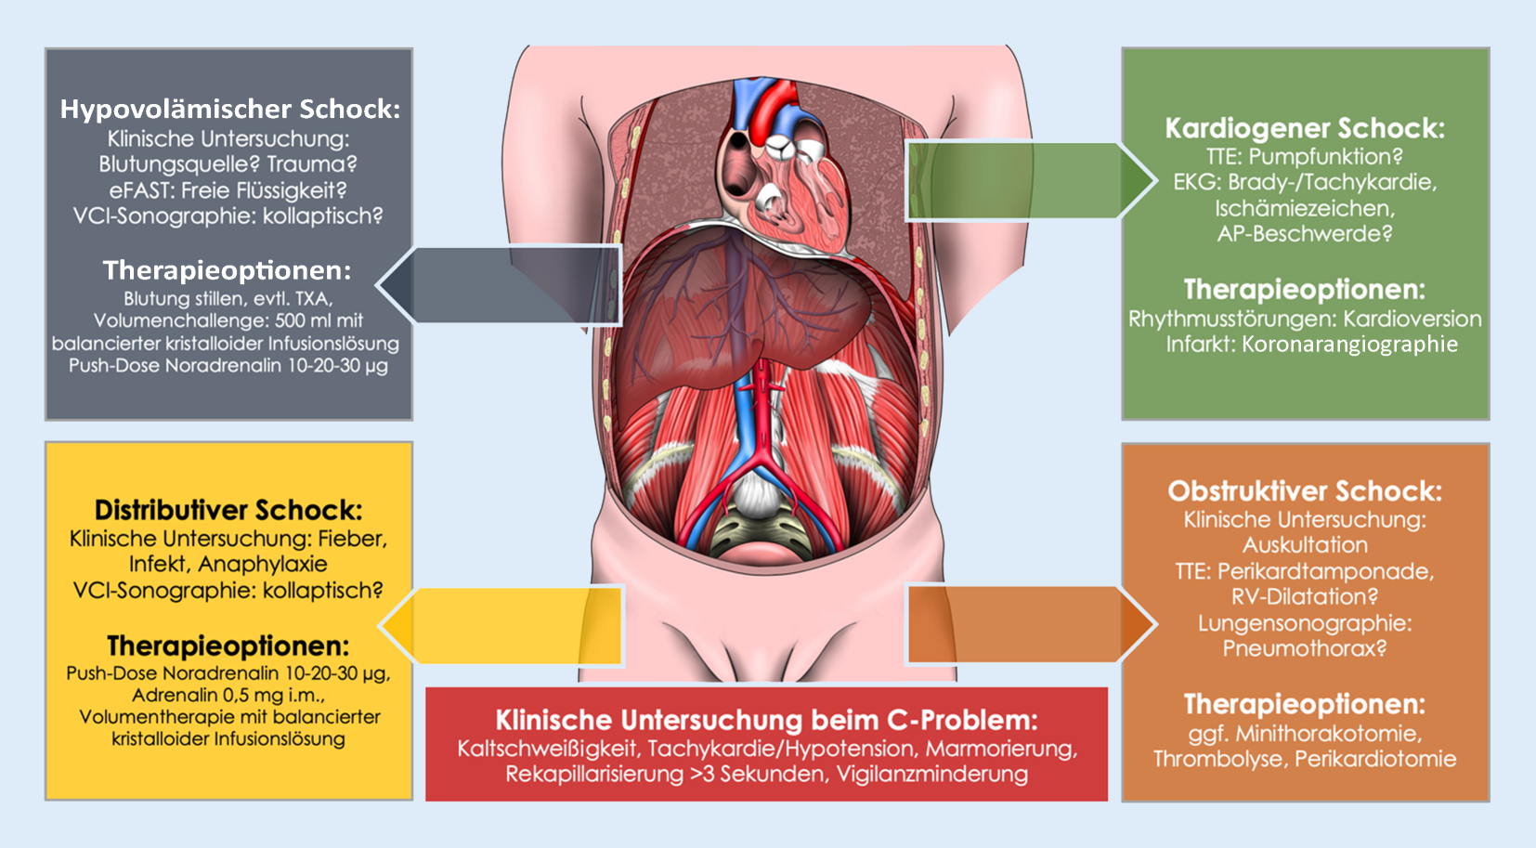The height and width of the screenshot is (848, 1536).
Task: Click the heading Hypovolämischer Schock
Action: point(229,110)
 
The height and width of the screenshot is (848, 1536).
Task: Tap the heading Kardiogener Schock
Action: point(1305,128)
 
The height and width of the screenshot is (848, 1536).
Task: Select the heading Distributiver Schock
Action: point(228,510)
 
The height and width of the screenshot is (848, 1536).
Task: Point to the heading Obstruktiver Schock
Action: point(1305,491)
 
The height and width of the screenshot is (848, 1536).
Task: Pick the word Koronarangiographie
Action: point(1349,345)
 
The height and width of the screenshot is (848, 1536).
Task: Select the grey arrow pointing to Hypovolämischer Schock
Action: point(501,284)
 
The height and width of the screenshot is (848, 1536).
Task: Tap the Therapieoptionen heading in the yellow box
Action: point(228,646)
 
